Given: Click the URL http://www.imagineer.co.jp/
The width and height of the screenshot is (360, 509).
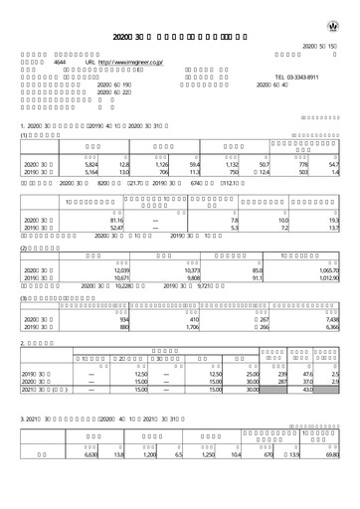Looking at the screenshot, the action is [124, 61].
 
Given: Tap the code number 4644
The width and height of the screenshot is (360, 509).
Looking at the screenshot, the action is [59, 61].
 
